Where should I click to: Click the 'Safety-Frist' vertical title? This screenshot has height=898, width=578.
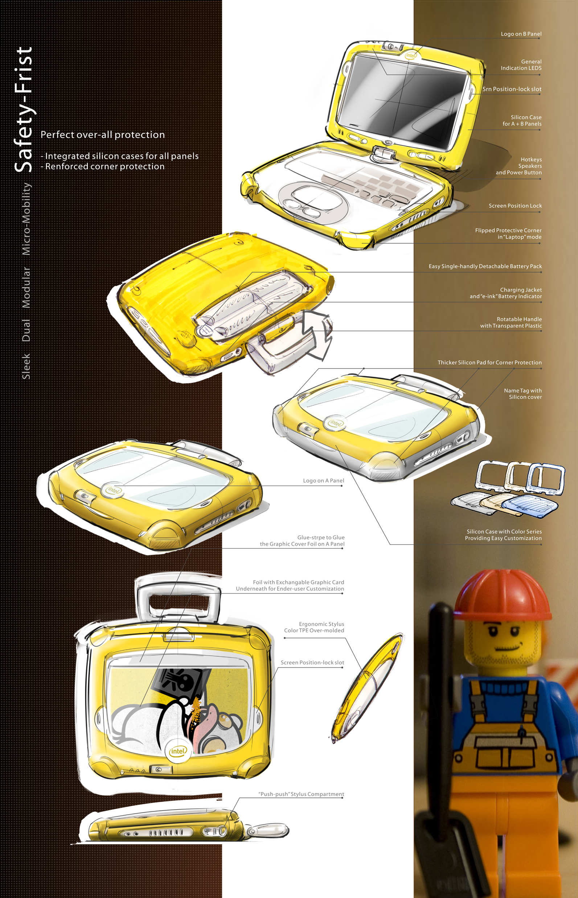click(x=23, y=109)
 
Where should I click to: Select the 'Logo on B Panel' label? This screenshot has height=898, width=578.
click(x=521, y=34)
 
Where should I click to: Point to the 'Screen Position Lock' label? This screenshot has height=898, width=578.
click(x=515, y=206)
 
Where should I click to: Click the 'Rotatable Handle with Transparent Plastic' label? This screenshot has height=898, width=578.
click(x=511, y=322)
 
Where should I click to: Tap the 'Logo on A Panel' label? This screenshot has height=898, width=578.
click(x=323, y=481)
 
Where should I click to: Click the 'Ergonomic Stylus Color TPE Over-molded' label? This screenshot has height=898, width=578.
click(x=314, y=627)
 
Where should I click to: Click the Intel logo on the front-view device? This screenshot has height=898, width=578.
click(x=177, y=751)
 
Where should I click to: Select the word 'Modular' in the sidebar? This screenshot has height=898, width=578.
click(x=26, y=287)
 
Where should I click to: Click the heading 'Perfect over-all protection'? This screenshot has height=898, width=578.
click(x=102, y=135)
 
